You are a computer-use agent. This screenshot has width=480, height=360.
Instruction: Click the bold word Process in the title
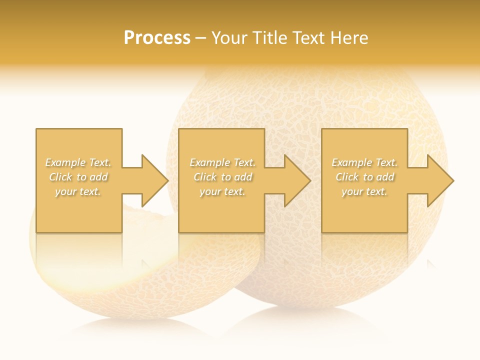click(157, 38)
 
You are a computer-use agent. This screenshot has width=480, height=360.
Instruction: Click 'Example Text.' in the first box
click(78, 162)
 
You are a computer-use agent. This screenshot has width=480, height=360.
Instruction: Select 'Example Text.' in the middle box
click(222, 162)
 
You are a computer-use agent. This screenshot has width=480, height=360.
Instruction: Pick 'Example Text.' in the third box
click(364, 162)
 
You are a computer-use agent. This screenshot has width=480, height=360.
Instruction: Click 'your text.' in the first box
click(78, 191)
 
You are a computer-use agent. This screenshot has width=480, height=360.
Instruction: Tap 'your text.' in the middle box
click(222, 191)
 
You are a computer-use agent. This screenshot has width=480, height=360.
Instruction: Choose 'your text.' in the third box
click(364, 191)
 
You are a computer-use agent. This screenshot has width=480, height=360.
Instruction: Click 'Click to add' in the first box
click(78, 177)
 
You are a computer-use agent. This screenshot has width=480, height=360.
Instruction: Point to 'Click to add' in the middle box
click(222, 177)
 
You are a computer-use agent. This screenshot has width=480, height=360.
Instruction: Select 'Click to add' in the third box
click(364, 177)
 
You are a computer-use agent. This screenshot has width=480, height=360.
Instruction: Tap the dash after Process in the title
click(200, 38)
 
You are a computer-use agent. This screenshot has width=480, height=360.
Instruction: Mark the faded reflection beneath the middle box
click(221, 250)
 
